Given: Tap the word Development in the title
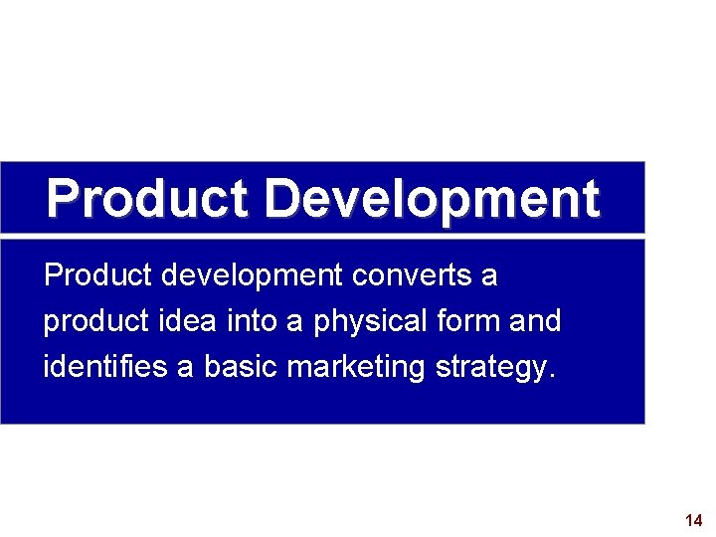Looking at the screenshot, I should (x=433, y=199).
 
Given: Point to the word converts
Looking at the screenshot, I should (x=415, y=275).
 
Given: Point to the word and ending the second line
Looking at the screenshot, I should (x=535, y=321).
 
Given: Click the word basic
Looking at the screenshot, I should (x=242, y=367).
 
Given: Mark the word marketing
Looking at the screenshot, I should (x=356, y=368).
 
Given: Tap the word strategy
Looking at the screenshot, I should (x=491, y=369).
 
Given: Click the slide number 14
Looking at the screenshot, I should (x=694, y=520).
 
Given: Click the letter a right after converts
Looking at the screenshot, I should (x=488, y=276).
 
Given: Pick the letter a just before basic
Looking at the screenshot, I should (x=186, y=368).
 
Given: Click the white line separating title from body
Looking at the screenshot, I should (x=322, y=236).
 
